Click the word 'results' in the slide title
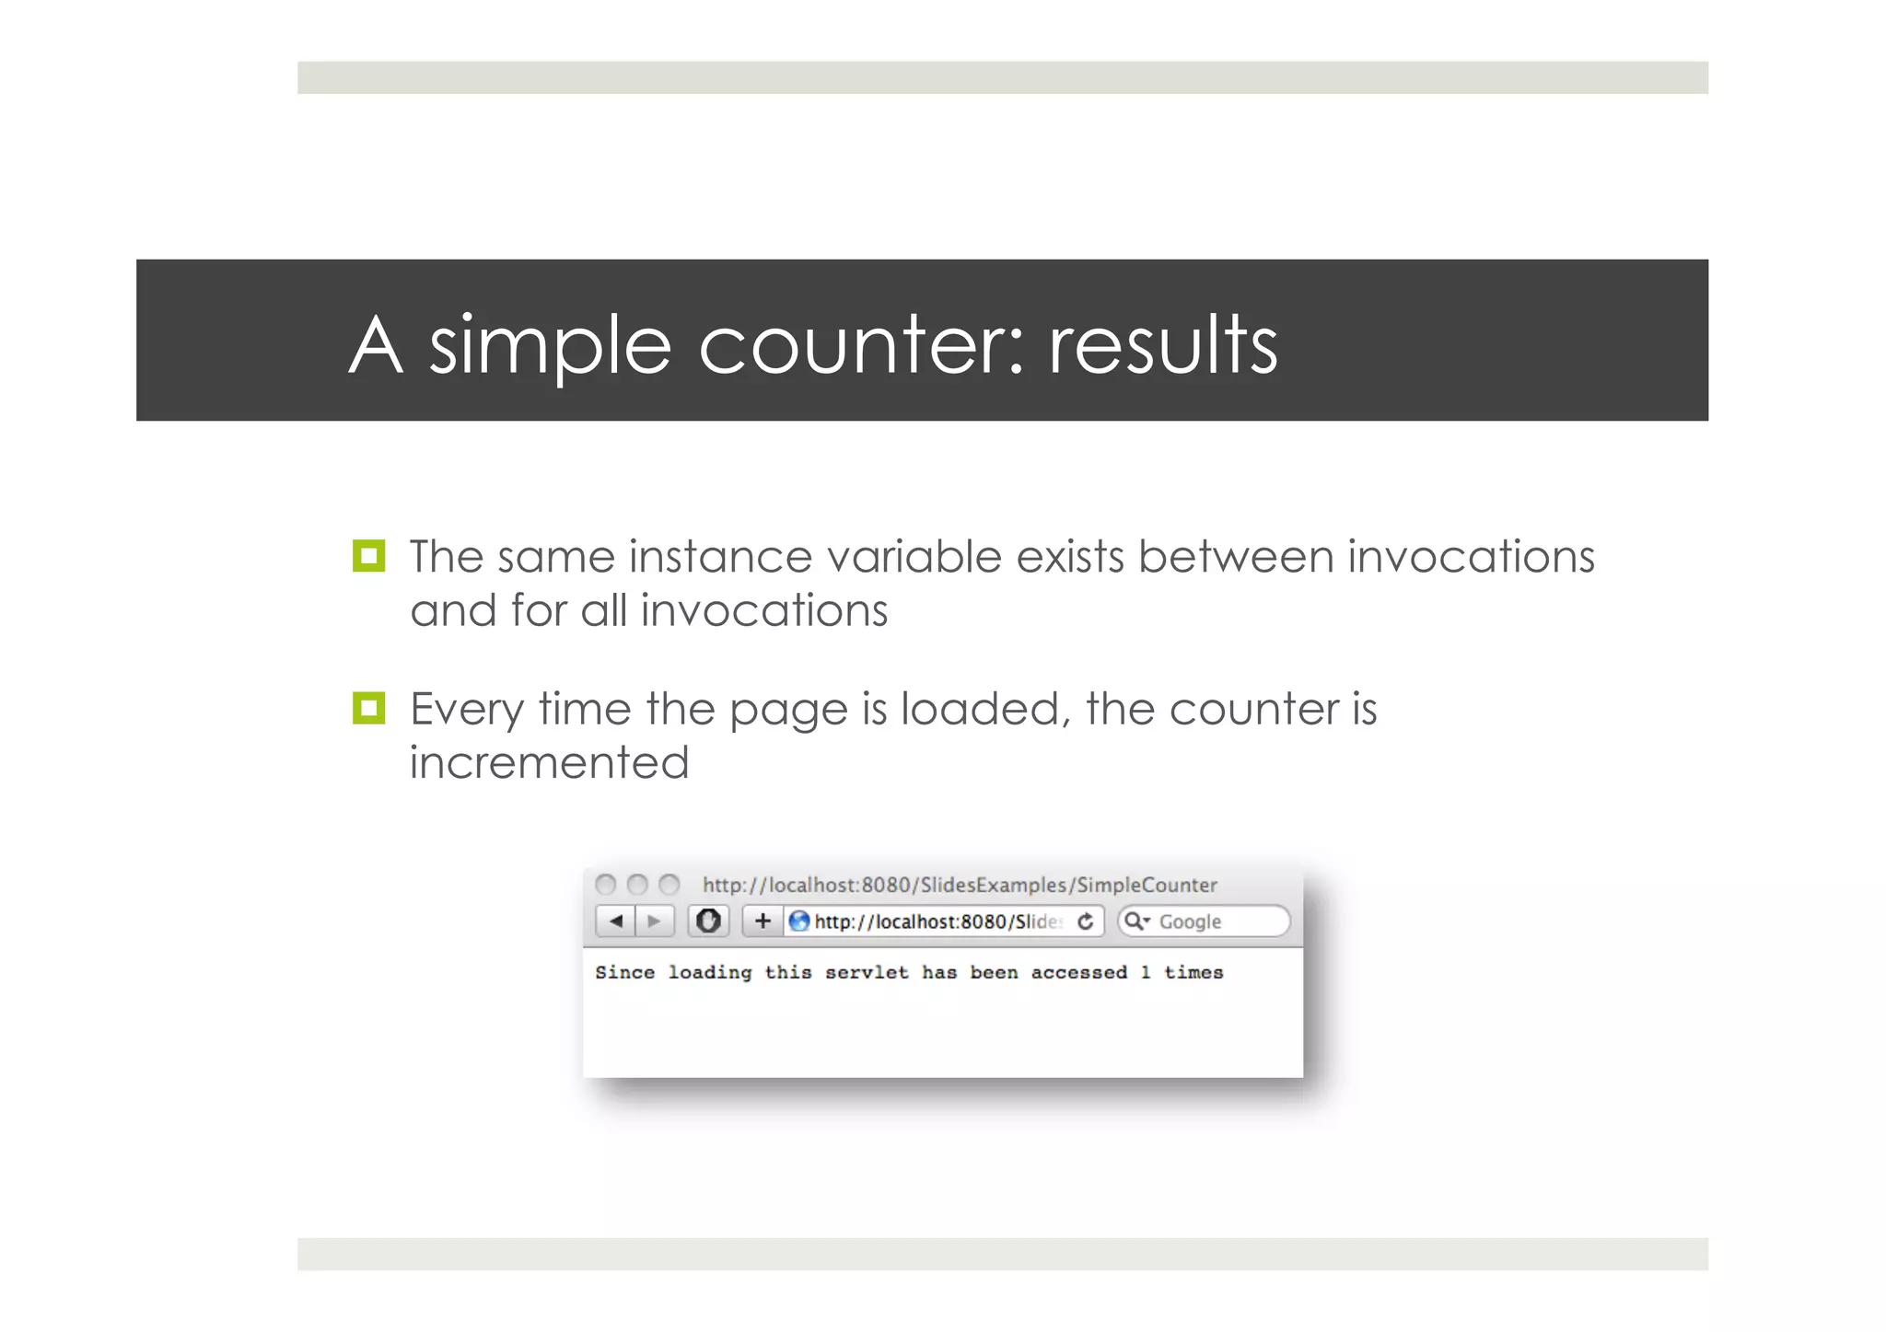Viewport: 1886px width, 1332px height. pos(1162,344)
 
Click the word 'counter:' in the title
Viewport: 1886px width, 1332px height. pos(861,346)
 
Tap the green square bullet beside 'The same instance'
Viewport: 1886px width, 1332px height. pos(368,556)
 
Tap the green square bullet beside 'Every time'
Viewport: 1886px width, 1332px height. pos(368,708)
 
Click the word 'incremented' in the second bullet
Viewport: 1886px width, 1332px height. pos(549,762)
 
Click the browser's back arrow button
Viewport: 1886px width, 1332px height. pos(616,921)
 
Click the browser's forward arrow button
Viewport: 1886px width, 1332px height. pos(654,921)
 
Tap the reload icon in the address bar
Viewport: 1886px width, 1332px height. pos(1086,921)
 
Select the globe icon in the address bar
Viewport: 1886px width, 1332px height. pos(799,921)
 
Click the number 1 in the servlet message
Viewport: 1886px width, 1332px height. pos(1145,972)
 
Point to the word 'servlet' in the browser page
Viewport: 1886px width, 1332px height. pos(866,972)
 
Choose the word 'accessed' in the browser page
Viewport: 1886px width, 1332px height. pos(1078,972)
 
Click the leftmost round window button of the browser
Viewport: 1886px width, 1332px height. pos(605,885)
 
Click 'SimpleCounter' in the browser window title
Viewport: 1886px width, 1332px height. pos(1147,885)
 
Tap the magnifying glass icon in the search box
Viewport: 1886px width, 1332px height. pos(1135,921)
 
